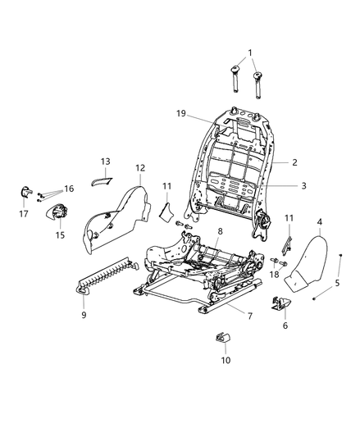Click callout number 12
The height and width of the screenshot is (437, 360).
click(140, 168)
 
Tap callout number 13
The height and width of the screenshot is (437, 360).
click(105, 162)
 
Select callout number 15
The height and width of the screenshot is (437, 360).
click(58, 235)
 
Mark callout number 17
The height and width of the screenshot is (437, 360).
click(23, 214)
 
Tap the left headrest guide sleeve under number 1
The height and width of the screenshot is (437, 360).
click(235, 83)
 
